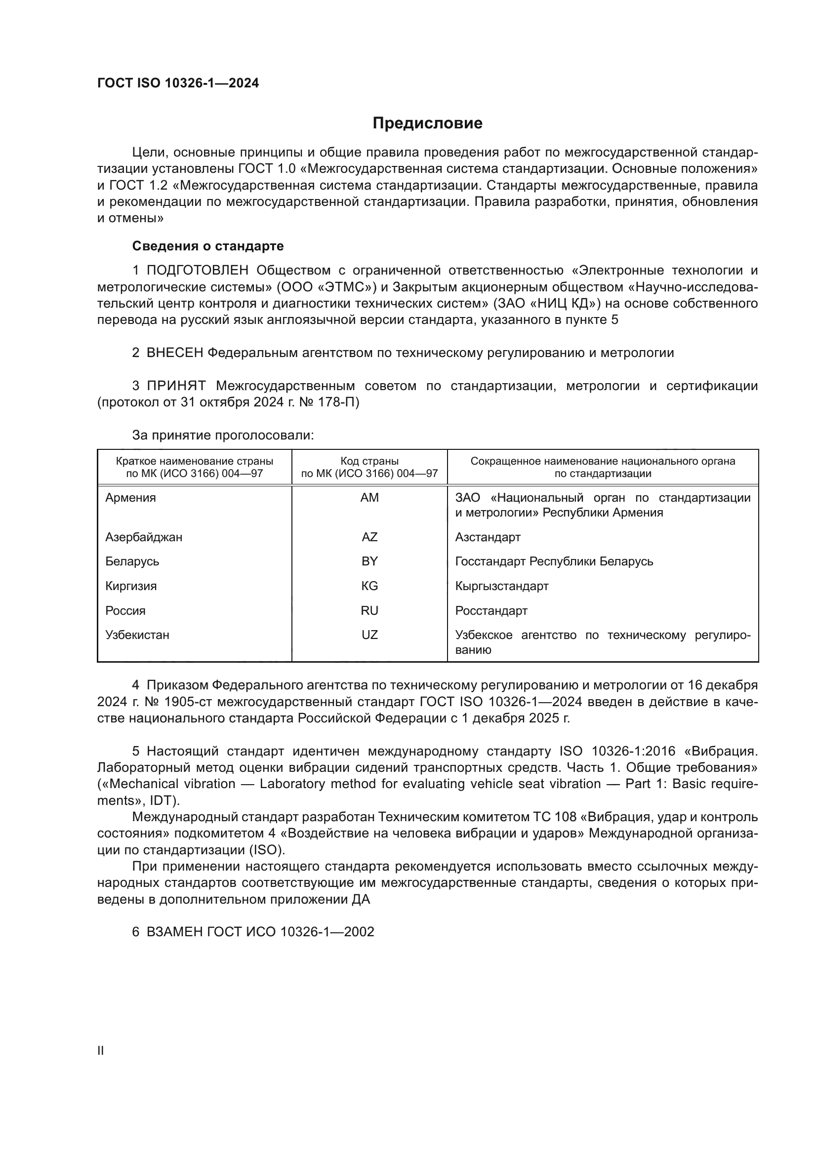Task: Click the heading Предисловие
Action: (x=427, y=123)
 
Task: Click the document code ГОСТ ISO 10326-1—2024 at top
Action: (x=178, y=83)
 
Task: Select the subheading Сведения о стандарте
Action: (x=207, y=246)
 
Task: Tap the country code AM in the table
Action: (x=369, y=498)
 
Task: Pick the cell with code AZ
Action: (x=369, y=537)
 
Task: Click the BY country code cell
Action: (x=369, y=561)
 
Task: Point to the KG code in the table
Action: (x=369, y=586)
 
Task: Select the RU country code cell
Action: (x=369, y=611)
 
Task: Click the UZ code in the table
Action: (x=369, y=635)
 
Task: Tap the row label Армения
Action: (x=130, y=498)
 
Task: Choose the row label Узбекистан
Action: (x=137, y=635)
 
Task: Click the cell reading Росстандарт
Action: (x=491, y=611)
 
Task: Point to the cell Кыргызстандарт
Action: (x=501, y=586)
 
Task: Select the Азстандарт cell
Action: (x=488, y=537)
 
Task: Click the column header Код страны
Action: (x=369, y=461)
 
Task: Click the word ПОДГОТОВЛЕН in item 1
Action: (x=197, y=271)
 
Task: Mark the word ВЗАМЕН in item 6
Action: (x=174, y=932)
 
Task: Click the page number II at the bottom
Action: (x=101, y=1050)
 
